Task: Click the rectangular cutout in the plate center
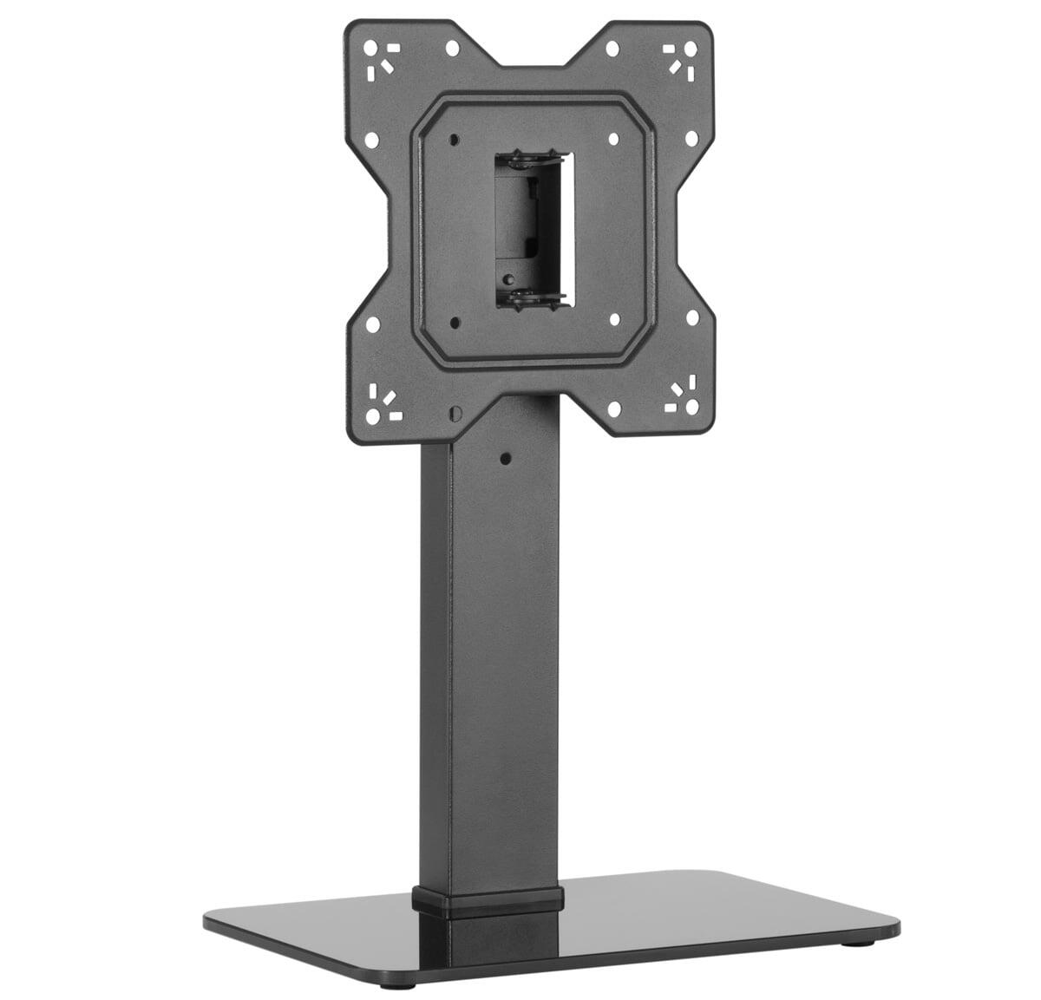click(x=532, y=230)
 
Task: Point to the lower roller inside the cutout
click(x=531, y=298)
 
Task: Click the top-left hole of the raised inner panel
click(x=453, y=139)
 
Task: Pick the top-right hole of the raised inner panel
click(x=613, y=138)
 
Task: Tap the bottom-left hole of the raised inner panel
click(x=454, y=324)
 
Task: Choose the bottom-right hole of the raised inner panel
click(x=614, y=319)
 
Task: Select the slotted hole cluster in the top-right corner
click(x=683, y=57)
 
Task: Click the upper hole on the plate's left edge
click(x=371, y=139)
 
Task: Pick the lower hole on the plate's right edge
click(x=692, y=317)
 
